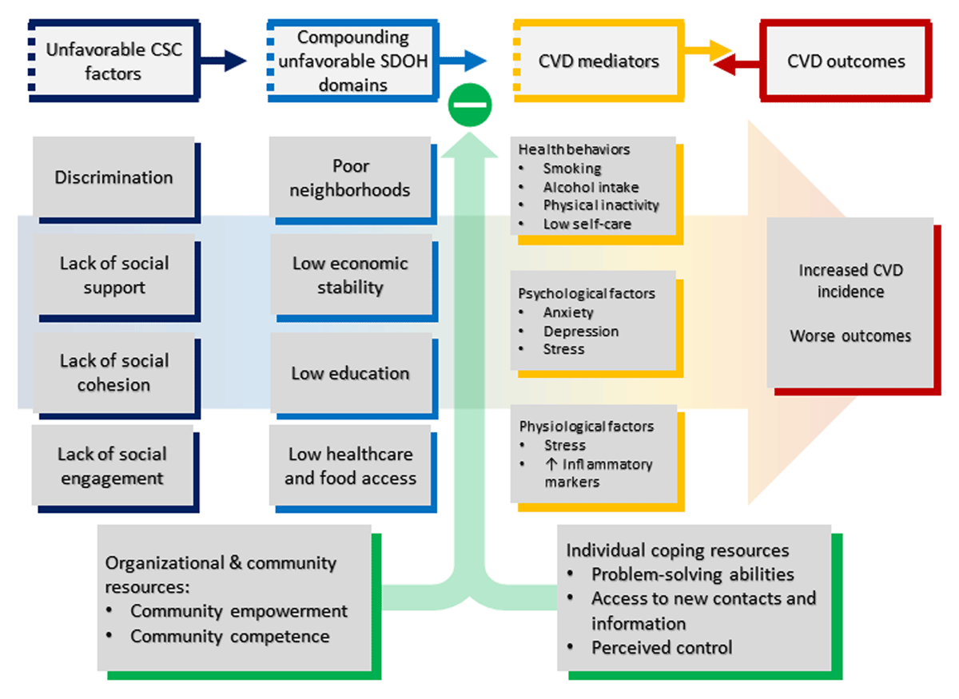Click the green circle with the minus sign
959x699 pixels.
[x=470, y=105]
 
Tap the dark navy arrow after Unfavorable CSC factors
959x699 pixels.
[x=223, y=61]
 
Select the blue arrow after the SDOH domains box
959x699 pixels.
[x=463, y=61]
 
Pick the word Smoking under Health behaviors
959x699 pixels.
[x=572, y=169]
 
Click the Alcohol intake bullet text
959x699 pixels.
[x=591, y=187]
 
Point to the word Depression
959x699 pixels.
[x=581, y=332]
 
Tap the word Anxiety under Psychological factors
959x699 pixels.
[x=568, y=312]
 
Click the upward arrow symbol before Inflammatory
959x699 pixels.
[x=551, y=463]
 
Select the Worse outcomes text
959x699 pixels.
[x=850, y=336]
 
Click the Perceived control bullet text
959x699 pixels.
[x=662, y=648]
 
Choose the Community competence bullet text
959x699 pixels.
[x=230, y=637]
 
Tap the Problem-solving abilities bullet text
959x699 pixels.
[x=692, y=574]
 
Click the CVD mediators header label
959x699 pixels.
[x=599, y=62]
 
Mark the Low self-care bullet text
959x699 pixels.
[x=587, y=224]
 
